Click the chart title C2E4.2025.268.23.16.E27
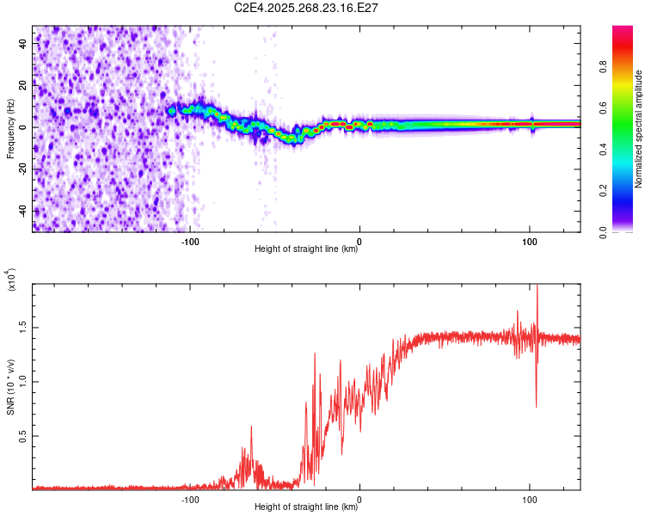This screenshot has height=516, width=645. tap(307, 8)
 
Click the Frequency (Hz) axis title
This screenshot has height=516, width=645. tap(10, 128)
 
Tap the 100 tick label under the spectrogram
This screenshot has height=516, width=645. tap(530, 242)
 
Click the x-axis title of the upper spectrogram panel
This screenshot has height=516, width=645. tap(306, 249)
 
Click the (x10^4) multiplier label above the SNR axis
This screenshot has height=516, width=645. tap(10, 279)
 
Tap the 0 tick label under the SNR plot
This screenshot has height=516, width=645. tap(359, 500)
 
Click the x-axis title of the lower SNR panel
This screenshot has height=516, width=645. tap(306, 507)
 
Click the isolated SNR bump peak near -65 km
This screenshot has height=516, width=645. tap(251, 427)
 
